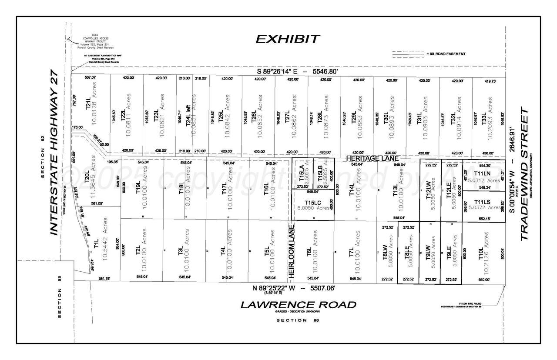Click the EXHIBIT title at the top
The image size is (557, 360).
pyautogui.click(x=288, y=39)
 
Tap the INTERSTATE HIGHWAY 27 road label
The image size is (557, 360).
pyautogui.click(x=54, y=152)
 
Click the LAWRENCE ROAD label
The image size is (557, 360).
pyautogui.click(x=299, y=305)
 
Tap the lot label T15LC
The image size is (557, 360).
pyautogui.click(x=313, y=203)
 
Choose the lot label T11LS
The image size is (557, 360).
pyautogui.click(x=482, y=202)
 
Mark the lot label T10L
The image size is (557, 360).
pyautogui.click(x=481, y=254)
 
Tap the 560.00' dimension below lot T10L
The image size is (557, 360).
pyautogui.click(x=484, y=280)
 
